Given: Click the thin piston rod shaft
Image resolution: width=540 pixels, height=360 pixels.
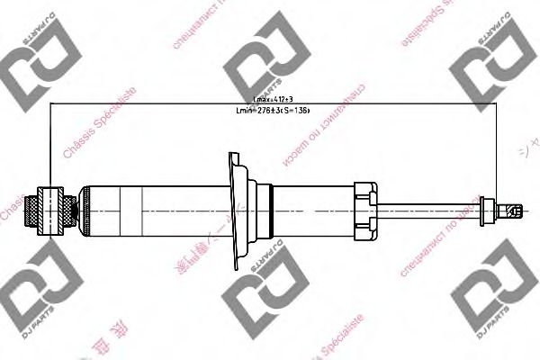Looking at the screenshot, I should [x=432, y=211].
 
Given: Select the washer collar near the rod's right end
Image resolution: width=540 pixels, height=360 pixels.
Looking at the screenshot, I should [x=489, y=211].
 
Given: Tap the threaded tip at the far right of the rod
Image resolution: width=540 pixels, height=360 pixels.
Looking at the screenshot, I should [x=512, y=211].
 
